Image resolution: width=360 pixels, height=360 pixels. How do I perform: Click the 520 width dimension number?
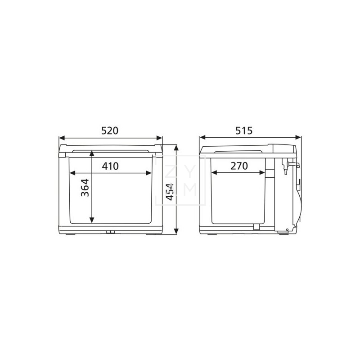[110, 130]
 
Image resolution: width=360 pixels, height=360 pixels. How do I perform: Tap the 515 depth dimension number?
[244, 130]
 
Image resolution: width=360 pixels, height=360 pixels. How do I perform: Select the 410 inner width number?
[110, 166]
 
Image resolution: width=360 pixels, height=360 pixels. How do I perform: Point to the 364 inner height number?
[85, 188]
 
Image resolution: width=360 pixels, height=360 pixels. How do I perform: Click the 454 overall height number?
[170, 192]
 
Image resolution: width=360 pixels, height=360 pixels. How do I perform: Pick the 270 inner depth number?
[239, 166]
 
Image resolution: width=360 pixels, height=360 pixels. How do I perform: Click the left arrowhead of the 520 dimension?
[62, 138]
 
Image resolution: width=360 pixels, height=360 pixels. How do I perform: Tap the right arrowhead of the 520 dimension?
[159, 138]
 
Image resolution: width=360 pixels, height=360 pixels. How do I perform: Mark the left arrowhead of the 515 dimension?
[202, 138]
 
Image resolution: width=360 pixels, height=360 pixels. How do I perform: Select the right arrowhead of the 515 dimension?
[298, 138]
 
